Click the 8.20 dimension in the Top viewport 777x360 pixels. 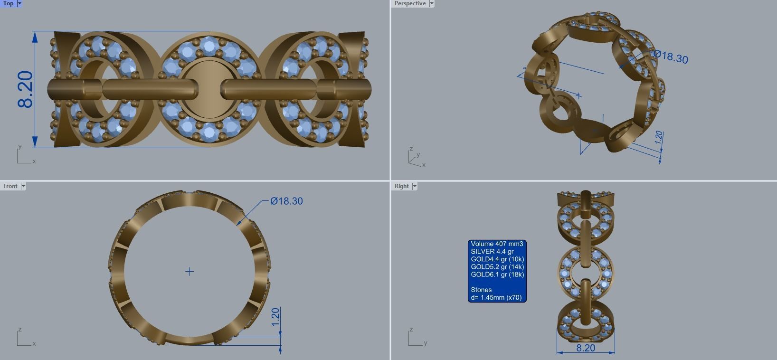coord(25,89)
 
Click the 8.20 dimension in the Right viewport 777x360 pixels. coord(585,348)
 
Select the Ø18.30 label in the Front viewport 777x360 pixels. coord(286,201)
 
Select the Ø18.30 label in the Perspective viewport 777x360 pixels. coord(671,57)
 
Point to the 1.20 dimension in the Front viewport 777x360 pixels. coord(275,317)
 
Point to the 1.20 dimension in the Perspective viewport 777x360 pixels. coord(658,138)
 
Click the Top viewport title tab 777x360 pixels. coord(8,3)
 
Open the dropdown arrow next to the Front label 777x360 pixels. coord(23,186)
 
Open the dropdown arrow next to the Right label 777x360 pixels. coord(415,186)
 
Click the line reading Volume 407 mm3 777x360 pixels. coord(497,244)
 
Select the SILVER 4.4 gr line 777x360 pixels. coord(492,252)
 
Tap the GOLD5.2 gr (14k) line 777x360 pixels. coord(497,267)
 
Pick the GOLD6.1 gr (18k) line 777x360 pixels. coord(497,275)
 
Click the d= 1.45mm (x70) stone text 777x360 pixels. coord(496,298)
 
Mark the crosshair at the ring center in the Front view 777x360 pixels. coord(190,272)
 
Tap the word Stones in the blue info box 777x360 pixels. coord(481,290)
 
